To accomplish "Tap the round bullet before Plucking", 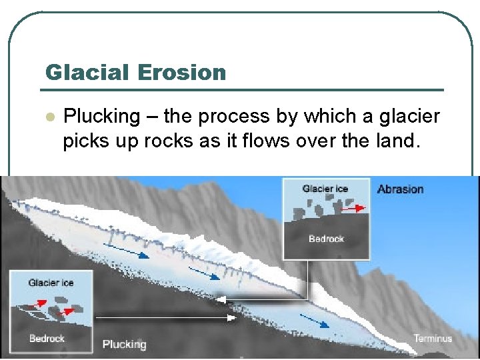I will point(48,117).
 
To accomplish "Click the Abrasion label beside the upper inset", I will point(400,189).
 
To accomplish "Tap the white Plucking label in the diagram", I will point(124,345).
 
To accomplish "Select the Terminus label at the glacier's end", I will point(433,338).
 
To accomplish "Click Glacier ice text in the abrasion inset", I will point(325,189).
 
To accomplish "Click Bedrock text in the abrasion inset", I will point(326,239).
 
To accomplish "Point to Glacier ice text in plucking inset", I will point(51,283).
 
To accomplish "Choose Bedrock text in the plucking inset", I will point(47,339).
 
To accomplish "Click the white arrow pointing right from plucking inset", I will point(167,318).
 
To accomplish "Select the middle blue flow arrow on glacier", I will point(204,273).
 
